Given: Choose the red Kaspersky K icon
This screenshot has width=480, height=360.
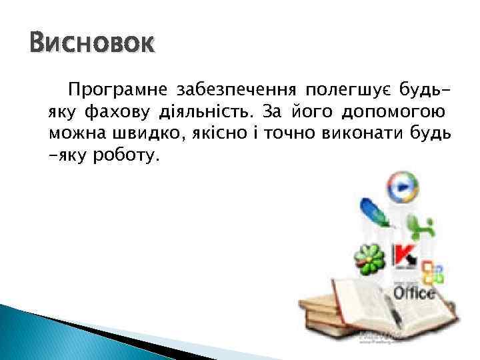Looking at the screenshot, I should click(405, 257).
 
